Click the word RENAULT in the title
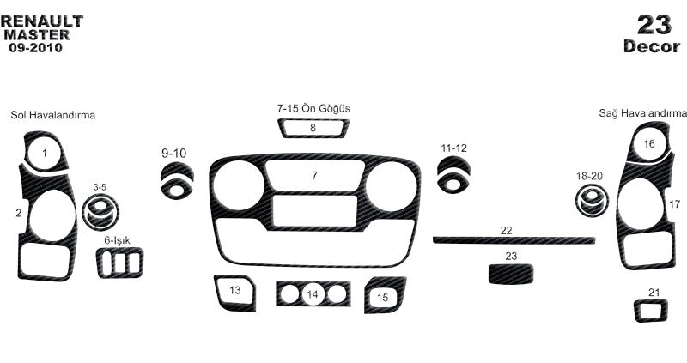coord(42,21)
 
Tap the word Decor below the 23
coord(652,46)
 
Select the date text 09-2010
coord(36,47)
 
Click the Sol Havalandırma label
coord(53,115)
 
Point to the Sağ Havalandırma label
coord(642,113)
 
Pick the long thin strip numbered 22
coord(514,240)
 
